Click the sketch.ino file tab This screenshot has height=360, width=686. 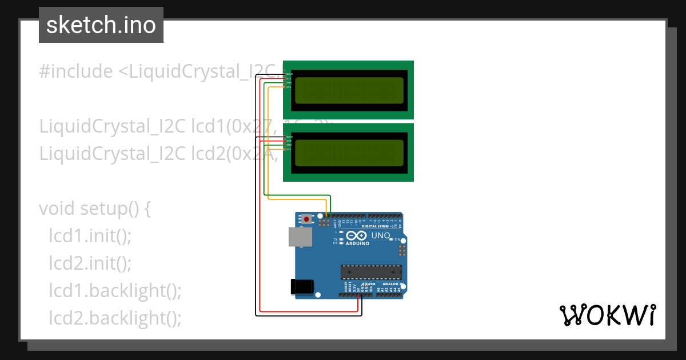pyautogui.click(x=101, y=25)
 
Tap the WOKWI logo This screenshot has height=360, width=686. pyautogui.click(x=607, y=315)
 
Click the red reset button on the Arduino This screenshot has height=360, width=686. pyautogui.click(x=308, y=219)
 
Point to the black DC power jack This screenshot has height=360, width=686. pyautogui.click(x=302, y=286)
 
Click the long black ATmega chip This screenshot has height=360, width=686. pyautogui.click(x=371, y=272)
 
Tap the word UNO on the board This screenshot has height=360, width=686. pyautogui.click(x=381, y=235)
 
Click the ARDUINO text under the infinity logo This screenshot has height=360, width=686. pyautogui.click(x=357, y=243)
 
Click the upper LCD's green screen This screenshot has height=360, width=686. pyautogui.click(x=349, y=90)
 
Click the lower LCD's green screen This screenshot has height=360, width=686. pyautogui.click(x=349, y=153)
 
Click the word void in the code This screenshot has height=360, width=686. pyautogui.click(x=57, y=209)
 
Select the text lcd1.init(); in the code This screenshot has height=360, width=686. pyautogui.click(x=90, y=236)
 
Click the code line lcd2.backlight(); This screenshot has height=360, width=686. pyautogui.click(x=115, y=318)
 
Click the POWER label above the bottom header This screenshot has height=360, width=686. pyautogui.click(x=369, y=284)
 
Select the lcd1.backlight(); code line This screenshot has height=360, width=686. pyautogui.click(x=115, y=291)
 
